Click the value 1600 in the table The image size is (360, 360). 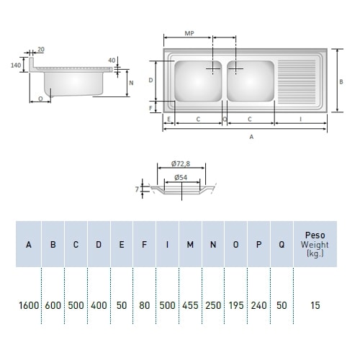pyautogui.click(x=29, y=305)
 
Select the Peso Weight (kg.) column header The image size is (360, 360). pyautogui.click(x=315, y=244)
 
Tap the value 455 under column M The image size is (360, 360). pyautogui.click(x=190, y=305)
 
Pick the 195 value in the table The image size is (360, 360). pyautogui.click(x=236, y=305)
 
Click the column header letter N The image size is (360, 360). pyautogui.click(x=213, y=245)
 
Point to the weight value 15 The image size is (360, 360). pyautogui.click(x=315, y=305)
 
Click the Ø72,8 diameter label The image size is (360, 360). pyautogui.click(x=181, y=163)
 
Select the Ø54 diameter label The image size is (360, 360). pyautogui.click(x=181, y=178)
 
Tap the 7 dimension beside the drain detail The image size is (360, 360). pyautogui.click(x=137, y=189)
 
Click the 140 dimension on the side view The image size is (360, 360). pyautogui.click(x=16, y=65)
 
